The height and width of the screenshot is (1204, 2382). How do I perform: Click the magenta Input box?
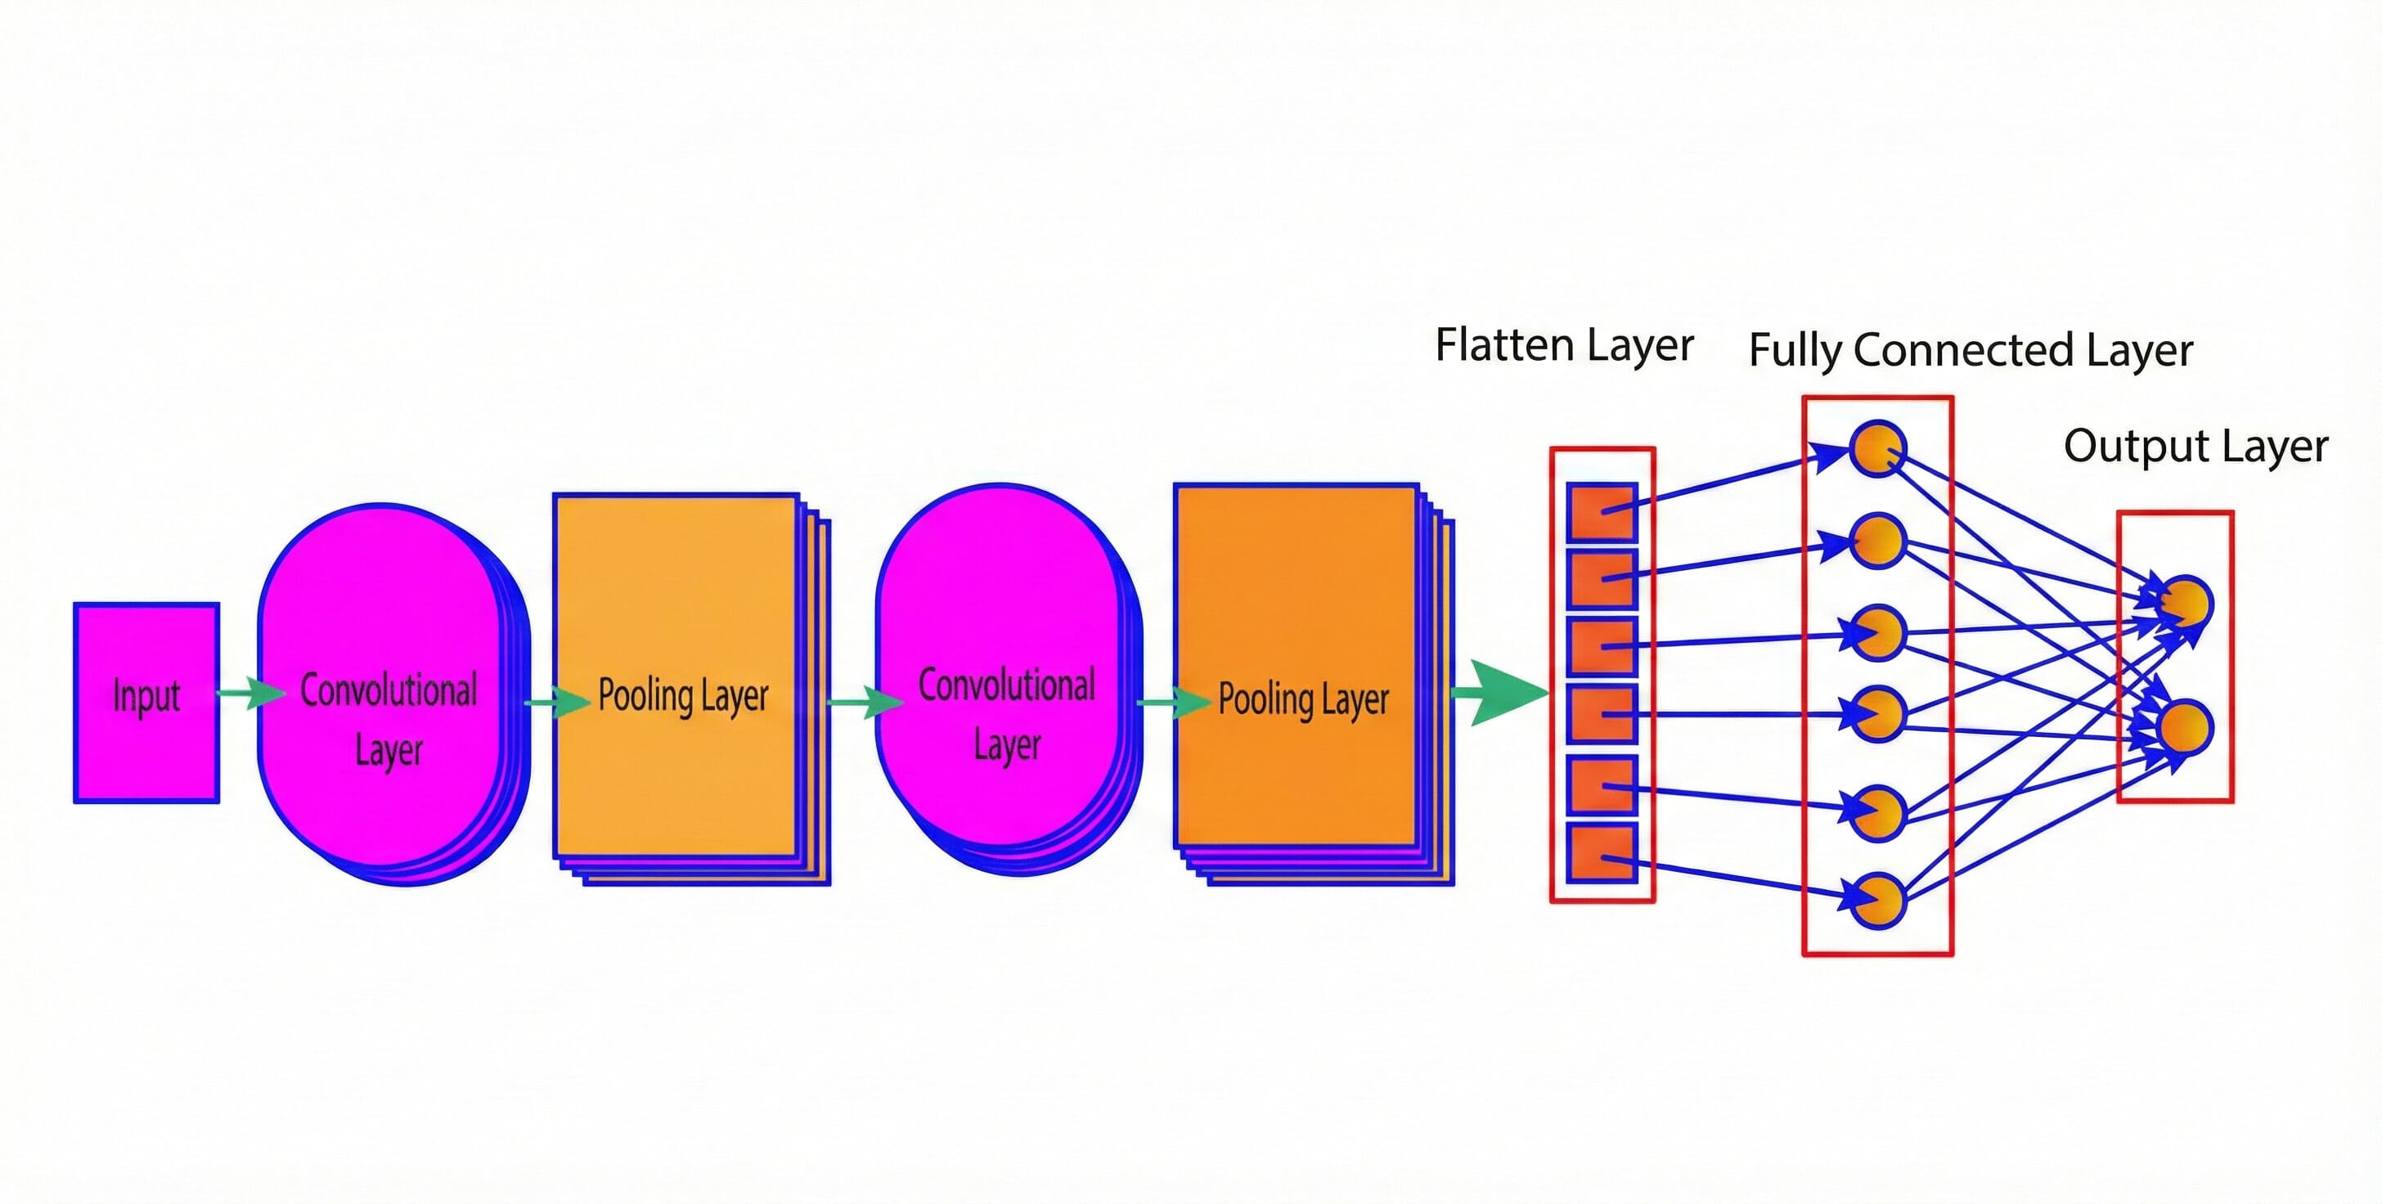pos(146,703)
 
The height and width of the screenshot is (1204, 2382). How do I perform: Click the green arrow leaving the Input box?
pos(251,692)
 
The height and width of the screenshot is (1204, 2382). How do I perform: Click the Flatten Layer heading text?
pos(1564,345)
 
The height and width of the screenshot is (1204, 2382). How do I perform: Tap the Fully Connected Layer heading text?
pos(1970,350)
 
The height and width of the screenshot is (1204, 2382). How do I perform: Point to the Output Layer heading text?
pos(2195,447)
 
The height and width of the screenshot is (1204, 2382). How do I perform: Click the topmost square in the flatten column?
pos(1602,511)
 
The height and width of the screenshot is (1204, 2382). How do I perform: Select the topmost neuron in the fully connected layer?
pos(1878,448)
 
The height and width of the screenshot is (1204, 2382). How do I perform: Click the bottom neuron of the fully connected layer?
pos(1878,900)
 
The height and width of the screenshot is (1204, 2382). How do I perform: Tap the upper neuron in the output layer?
pos(2186,602)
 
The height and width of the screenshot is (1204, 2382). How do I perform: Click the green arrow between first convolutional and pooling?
pos(558,702)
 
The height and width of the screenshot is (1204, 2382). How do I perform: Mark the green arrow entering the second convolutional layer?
pos(865,702)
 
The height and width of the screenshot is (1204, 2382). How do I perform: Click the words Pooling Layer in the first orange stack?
pos(682,695)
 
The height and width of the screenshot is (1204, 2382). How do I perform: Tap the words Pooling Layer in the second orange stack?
pos(1303,699)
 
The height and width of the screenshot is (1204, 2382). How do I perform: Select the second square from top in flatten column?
pos(1602,579)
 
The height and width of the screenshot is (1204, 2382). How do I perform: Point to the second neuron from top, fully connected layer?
pos(1878,541)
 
